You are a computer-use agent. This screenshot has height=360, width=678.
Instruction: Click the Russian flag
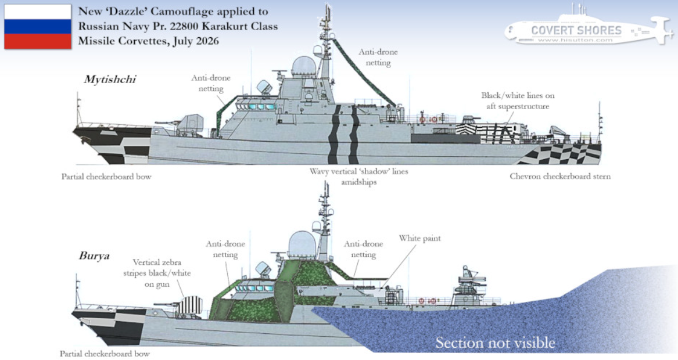pos(38,26)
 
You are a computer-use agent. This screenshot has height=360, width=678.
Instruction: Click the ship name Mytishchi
pos(110,79)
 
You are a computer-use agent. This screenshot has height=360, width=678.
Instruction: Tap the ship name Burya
pos(94,256)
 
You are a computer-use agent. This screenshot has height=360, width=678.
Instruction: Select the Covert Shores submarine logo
pos(589,28)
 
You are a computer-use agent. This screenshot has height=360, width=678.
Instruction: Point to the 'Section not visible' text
pos(495,343)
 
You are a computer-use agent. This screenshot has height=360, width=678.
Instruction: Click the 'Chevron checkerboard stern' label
pos(560,177)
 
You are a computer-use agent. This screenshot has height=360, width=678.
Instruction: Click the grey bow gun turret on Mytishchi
pos(190,124)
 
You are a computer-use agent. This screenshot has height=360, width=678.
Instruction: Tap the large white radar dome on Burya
pos(302,244)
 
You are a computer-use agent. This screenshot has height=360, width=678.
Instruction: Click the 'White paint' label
pos(420,238)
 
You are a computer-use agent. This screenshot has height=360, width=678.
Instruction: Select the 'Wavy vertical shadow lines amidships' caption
pos(359,177)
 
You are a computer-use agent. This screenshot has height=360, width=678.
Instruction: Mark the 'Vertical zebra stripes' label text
pos(157,273)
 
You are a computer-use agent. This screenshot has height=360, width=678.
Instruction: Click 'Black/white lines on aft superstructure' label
pos(518,100)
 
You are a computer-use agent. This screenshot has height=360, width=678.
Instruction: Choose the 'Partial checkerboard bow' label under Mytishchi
pos(106,177)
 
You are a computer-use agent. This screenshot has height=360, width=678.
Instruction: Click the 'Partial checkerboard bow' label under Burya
pos(105,354)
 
